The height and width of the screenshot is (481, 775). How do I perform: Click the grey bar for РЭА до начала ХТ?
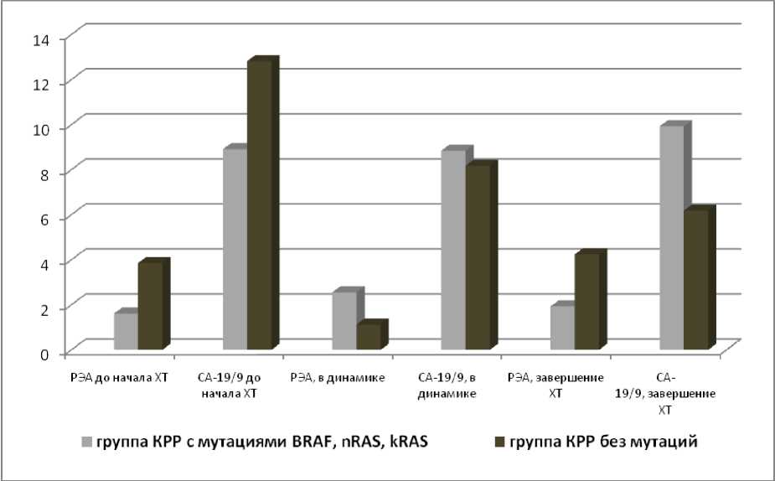126,331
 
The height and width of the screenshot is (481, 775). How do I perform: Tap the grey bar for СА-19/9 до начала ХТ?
235,249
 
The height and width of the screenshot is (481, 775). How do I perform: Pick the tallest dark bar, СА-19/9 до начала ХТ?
259,205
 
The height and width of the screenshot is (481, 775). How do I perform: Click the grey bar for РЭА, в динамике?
344,321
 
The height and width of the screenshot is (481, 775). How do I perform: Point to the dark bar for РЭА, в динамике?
368,337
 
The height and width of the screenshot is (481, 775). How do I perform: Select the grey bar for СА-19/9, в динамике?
453,250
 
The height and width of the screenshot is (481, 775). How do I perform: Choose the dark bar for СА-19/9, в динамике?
478,257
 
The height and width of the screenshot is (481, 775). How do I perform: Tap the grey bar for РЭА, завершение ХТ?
562,328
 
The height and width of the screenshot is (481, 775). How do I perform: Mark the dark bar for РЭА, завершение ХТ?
586,302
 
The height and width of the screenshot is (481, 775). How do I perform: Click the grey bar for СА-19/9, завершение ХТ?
672,238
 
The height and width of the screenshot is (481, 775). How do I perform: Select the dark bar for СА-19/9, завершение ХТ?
696,280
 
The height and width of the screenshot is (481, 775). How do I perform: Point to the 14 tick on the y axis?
42,38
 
